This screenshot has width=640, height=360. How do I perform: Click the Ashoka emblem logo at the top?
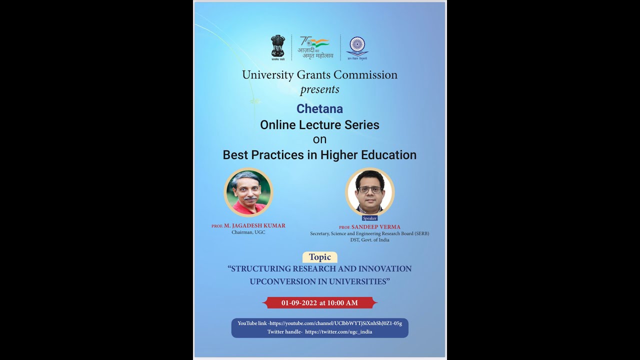(x=278, y=46)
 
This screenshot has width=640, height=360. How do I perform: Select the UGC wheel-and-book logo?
(x=357, y=46)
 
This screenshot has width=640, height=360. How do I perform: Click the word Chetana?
(x=319, y=108)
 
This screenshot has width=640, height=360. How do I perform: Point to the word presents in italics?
(x=319, y=90)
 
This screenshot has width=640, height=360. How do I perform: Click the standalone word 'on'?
(x=319, y=139)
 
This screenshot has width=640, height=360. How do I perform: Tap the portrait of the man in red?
(x=248, y=192)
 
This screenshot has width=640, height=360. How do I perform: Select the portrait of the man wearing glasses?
(x=369, y=192)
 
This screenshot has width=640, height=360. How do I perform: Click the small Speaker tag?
(x=369, y=218)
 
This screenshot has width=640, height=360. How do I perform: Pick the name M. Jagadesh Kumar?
(x=254, y=226)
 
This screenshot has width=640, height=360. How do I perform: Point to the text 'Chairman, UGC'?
(x=248, y=232)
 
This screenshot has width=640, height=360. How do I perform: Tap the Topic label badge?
(x=319, y=257)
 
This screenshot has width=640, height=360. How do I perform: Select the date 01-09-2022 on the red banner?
(x=299, y=302)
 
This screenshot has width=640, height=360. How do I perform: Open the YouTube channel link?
(x=335, y=323)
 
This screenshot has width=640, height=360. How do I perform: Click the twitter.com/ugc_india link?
(x=338, y=331)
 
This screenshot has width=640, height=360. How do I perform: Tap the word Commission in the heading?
(x=365, y=75)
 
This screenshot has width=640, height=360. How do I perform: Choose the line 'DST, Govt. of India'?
(x=369, y=240)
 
